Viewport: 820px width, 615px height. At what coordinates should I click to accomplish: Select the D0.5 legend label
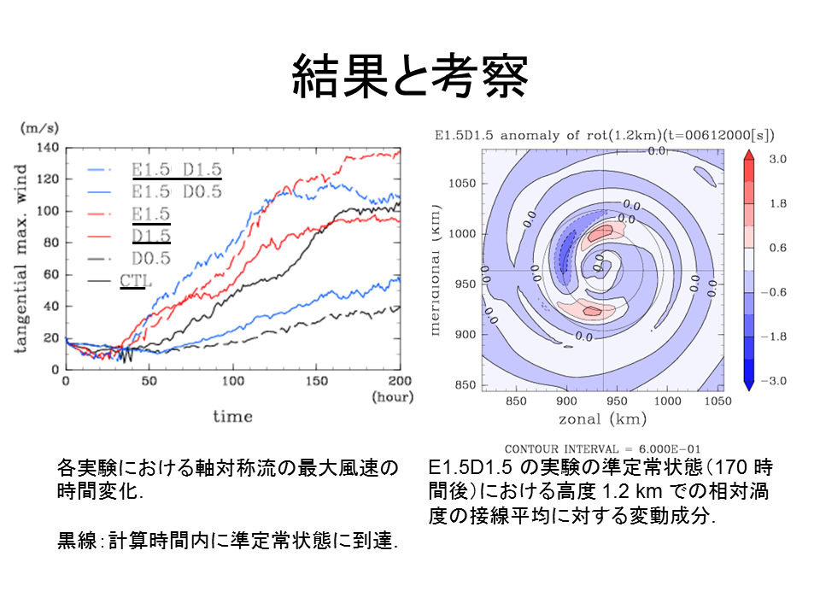[150, 257]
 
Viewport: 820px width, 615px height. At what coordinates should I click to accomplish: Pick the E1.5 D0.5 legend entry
[177, 192]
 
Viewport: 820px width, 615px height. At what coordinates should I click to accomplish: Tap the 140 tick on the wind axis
[46, 149]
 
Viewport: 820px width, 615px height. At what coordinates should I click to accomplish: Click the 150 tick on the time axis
[315, 380]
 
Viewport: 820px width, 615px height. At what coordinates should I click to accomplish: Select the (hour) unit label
[391, 397]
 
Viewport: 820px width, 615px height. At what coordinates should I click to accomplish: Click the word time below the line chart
[232, 416]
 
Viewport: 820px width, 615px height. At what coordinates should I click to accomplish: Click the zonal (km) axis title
[603, 419]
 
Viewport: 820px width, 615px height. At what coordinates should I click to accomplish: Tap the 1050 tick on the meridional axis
[461, 183]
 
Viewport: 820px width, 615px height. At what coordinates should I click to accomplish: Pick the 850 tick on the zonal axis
[517, 401]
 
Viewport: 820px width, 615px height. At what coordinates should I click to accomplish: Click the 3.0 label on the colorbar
[777, 160]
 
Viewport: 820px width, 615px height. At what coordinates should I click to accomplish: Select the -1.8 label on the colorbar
[774, 337]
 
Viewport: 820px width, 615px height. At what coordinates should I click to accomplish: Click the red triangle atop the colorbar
[748, 154]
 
